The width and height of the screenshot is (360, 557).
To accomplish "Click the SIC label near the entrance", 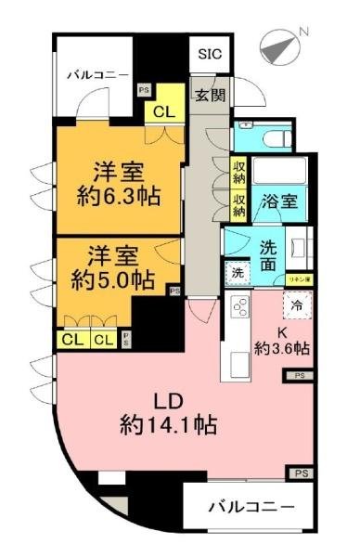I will coord(209,55).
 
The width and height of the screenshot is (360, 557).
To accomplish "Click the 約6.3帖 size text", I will coord(116,196).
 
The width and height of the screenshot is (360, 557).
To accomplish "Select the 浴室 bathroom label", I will coord(278,201).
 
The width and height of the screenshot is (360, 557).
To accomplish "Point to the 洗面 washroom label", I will coord(267,257).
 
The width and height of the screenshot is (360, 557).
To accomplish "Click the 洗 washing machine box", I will coord(236,275).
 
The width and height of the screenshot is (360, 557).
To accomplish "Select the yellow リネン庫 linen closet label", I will coord(297,278).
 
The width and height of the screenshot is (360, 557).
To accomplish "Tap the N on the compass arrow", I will coord(302,34).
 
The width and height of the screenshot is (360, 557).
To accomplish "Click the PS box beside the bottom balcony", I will coord(300,473).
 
